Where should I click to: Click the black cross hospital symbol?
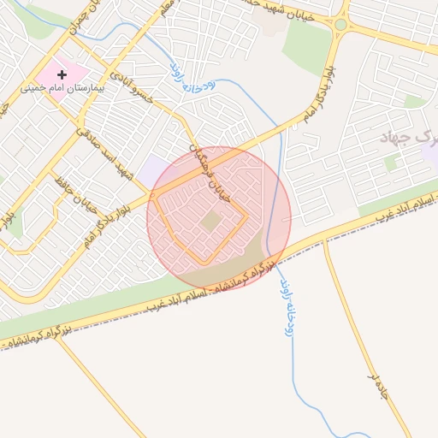point(62,75)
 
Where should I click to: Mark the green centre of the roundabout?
point(340,25)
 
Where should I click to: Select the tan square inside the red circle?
point(211,222)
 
